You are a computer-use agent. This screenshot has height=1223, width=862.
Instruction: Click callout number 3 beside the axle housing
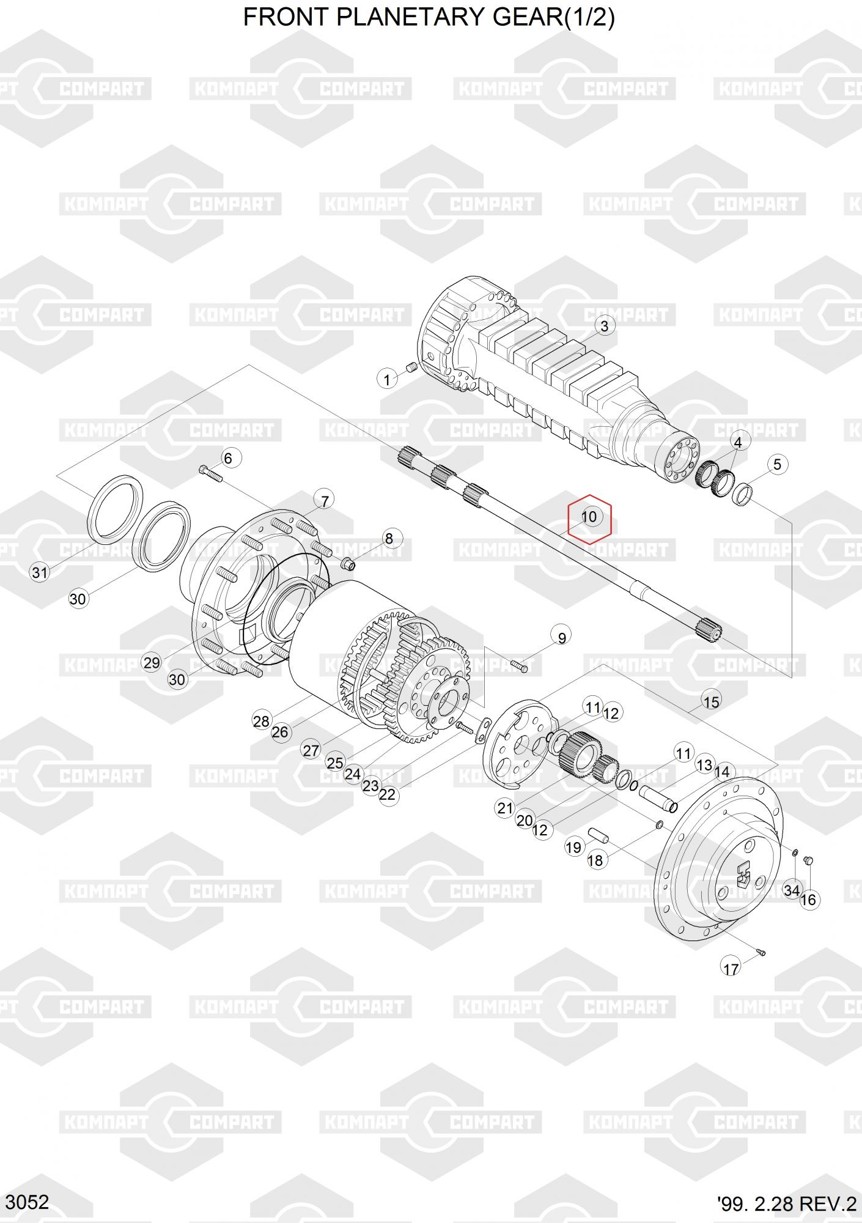click(x=604, y=326)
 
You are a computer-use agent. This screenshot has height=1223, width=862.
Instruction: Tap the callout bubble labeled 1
click(x=386, y=380)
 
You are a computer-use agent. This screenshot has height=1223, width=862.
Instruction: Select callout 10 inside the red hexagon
click(x=589, y=517)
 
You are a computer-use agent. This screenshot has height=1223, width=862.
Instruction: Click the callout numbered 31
click(x=40, y=573)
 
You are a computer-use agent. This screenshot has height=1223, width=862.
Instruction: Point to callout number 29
click(x=151, y=662)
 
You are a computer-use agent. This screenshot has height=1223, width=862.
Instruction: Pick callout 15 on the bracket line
click(x=712, y=701)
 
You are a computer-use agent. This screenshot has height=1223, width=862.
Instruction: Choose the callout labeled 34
click(x=792, y=891)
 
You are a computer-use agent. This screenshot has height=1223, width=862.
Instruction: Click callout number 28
click(x=261, y=722)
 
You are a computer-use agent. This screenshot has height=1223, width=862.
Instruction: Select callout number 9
click(x=562, y=637)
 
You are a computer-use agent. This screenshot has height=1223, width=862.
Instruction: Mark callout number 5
click(x=777, y=464)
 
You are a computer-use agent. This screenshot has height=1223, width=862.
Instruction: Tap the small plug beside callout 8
click(x=348, y=563)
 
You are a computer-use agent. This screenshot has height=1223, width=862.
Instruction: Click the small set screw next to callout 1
click(x=411, y=368)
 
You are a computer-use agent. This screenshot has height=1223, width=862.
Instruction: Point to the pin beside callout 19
click(x=596, y=835)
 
